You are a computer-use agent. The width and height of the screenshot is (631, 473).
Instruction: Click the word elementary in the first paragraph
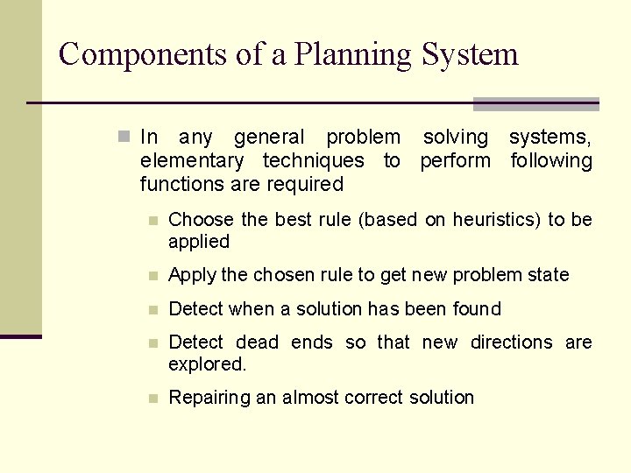[x=192, y=161]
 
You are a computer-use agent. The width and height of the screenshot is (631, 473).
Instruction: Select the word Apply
[x=192, y=275]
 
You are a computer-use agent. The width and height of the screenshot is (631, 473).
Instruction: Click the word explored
[x=208, y=364]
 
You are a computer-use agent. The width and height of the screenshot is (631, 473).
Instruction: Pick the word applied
[x=199, y=242]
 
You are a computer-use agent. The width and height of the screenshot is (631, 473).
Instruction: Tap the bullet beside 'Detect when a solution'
[x=152, y=309]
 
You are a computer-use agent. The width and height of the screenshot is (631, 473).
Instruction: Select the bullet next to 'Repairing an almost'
[x=152, y=399]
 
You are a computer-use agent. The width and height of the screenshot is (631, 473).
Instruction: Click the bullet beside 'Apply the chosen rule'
[x=152, y=276]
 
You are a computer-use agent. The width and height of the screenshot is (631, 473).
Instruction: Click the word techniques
[x=313, y=161]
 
